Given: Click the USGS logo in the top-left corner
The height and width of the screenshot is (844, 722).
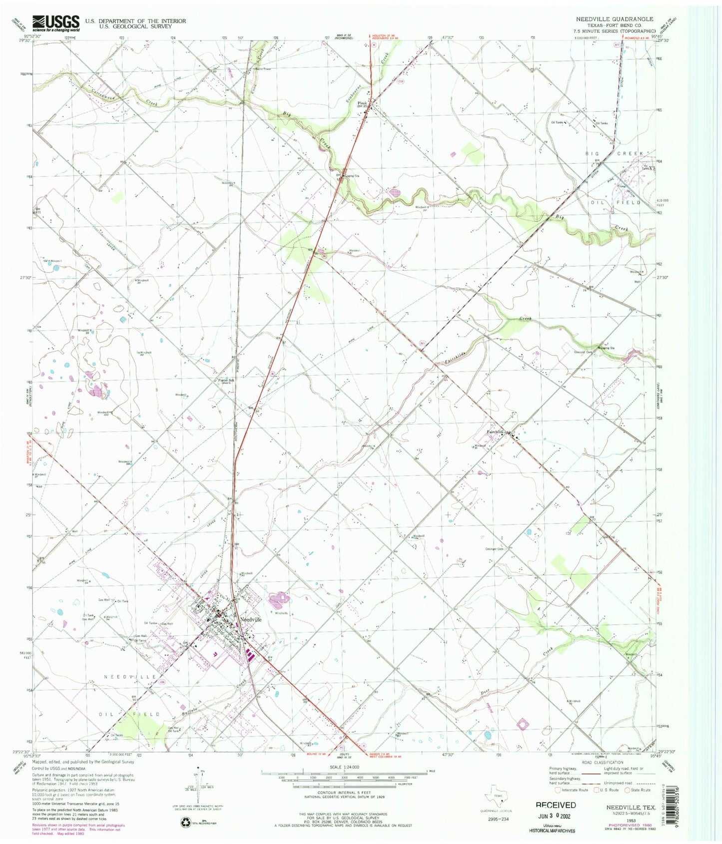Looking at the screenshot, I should [x=56, y=23].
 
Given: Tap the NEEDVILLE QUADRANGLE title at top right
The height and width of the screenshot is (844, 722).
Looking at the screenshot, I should [x=614, y=19].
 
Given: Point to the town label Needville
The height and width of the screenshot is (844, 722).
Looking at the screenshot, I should [x=250, y=619].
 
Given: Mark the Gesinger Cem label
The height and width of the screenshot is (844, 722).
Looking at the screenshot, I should [x=494, y=549].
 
